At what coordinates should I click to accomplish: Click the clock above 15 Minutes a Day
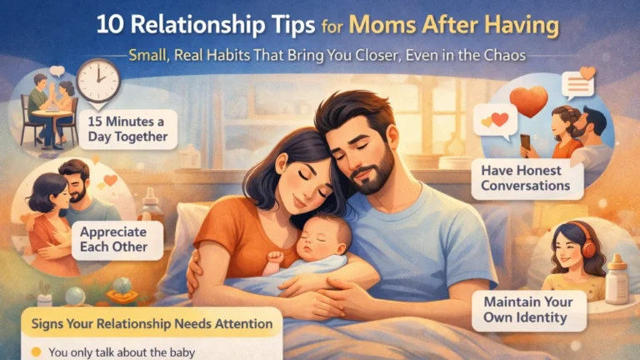(x=98, y=81)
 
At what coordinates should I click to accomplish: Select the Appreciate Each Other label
(x=109, y=237)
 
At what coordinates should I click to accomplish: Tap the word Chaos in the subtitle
(x=502, y=57)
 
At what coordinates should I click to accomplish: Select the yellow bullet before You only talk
(x=37, y=352)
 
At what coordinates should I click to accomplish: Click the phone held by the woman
(x=526, y=142)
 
